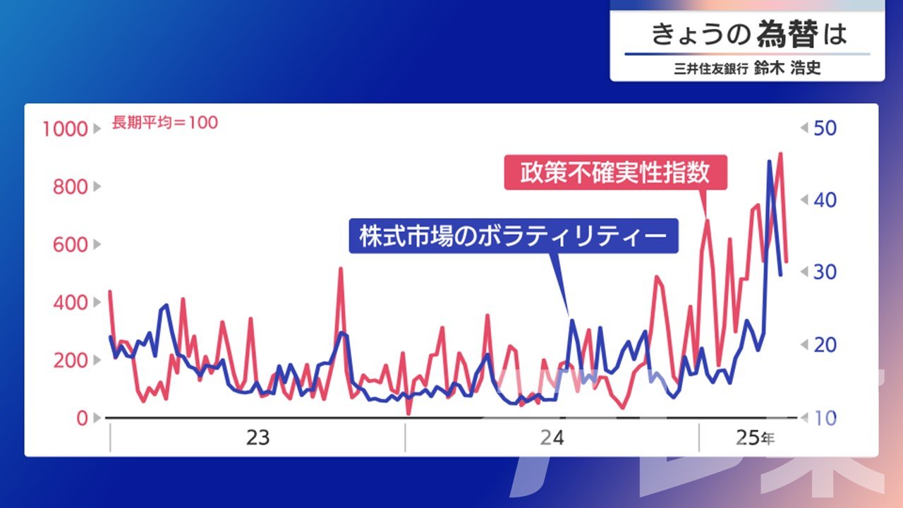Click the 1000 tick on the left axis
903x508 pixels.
pyautogui.click(x=65, y=129)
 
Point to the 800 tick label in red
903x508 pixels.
pyautogui.click(x=70, y=187)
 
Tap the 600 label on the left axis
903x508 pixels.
pyautogui.click(x=70, y=245)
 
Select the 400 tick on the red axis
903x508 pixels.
pyautogui.click(x=70, y=303)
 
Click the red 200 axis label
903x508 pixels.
pyautogui.click(x=70, y=360)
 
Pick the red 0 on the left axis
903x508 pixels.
pyautogui.click(x=83, y=418)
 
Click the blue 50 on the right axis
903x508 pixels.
pyautogui.click(x=825, y=128)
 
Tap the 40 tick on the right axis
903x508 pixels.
pyautogui.click(x=825, y=200)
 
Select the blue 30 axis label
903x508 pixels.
pyautogui.click(x=825, y=272)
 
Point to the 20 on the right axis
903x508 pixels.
pyautogui.click(x=825, y=345)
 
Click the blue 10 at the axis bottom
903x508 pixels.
pyautogui.click(x=825, y=418)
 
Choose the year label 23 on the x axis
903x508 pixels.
pyautogui.click(x=257, y=437)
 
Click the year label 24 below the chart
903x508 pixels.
pyautogui.click(x=552, y=437)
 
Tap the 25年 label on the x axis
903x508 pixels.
pyautogui.click(x=755, y=437)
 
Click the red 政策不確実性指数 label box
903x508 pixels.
pyautogui.click(x=616, y=172)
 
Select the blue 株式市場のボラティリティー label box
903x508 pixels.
pyautogui.click(x=514, y=236)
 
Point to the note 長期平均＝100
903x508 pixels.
pyautogui.click(x=165, y=122)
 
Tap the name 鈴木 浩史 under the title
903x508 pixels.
pyautogui.click(x=787, y=68)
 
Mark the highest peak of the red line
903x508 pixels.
pyautogui.click(x=781, y=154)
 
